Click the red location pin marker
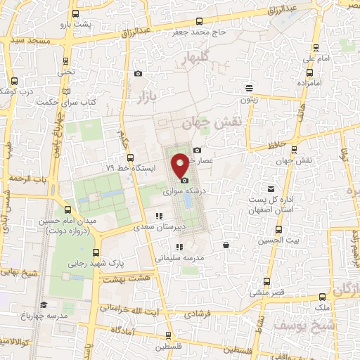[181, 165]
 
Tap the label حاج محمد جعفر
[200, 32]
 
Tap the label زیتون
[248, 100]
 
